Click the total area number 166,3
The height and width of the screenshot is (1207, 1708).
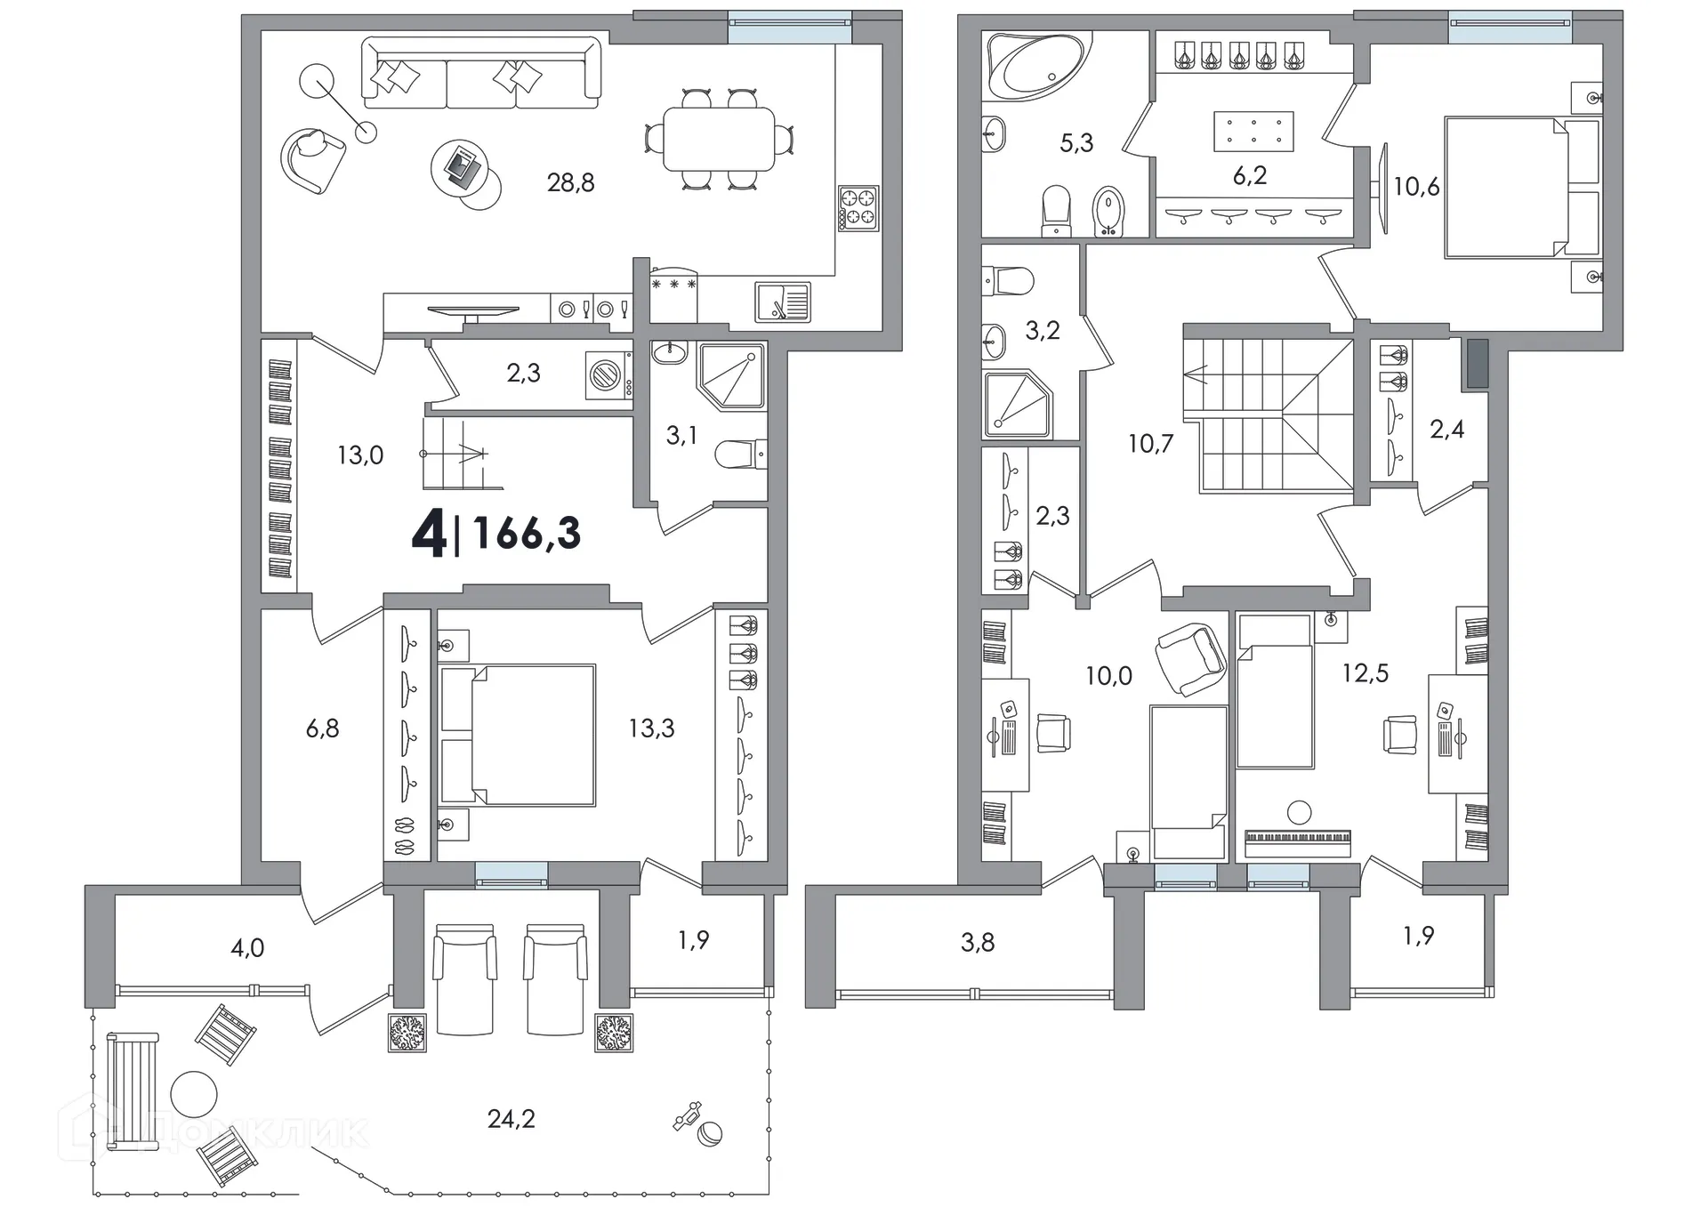528,534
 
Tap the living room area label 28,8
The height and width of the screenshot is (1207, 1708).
570,183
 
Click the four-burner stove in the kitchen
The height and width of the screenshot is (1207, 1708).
858,208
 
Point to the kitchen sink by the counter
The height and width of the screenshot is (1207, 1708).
782,302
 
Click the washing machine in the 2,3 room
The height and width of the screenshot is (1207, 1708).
609,374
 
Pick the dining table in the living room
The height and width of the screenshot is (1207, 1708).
719,139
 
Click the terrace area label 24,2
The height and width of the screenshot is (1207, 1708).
512,1118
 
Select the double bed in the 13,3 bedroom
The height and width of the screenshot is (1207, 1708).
518,735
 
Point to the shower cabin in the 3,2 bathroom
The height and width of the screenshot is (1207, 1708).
1018,405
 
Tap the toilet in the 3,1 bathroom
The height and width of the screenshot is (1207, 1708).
741,454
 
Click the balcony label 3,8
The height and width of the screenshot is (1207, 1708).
978,942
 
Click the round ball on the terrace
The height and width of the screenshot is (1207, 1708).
710,1134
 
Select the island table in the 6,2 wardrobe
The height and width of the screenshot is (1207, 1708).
1253,132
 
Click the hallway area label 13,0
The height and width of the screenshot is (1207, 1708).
360,455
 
